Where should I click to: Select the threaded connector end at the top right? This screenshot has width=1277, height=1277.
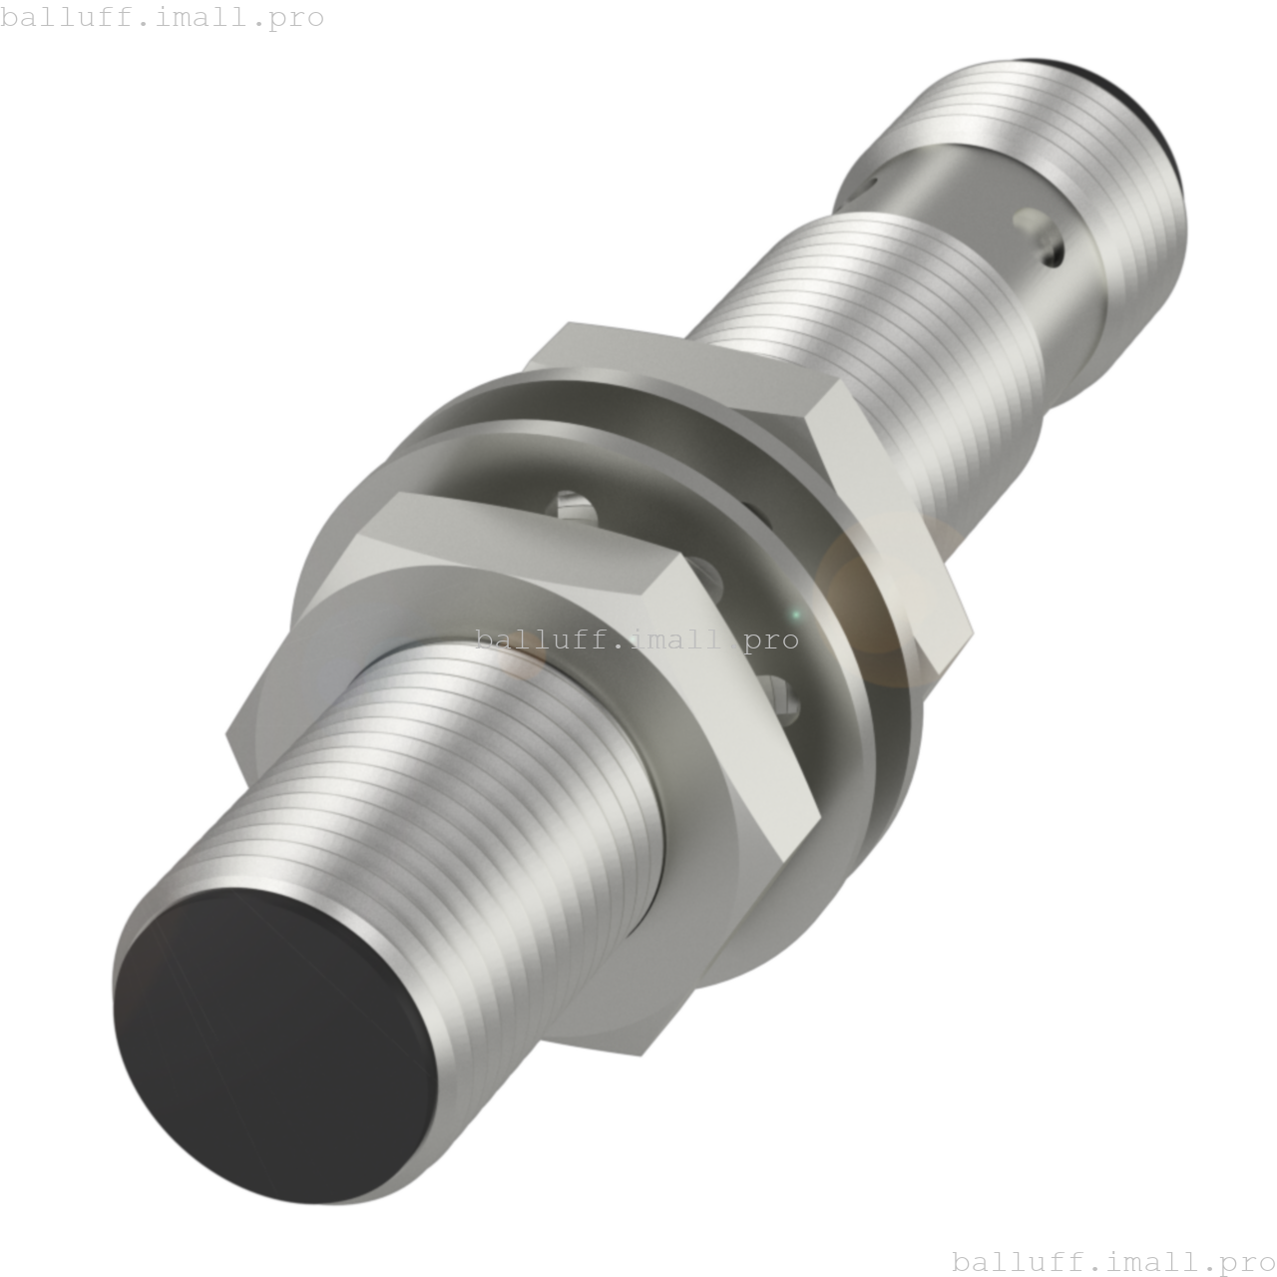coord(1087,150)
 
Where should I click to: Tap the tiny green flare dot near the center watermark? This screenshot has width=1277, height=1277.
coord(795,614)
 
